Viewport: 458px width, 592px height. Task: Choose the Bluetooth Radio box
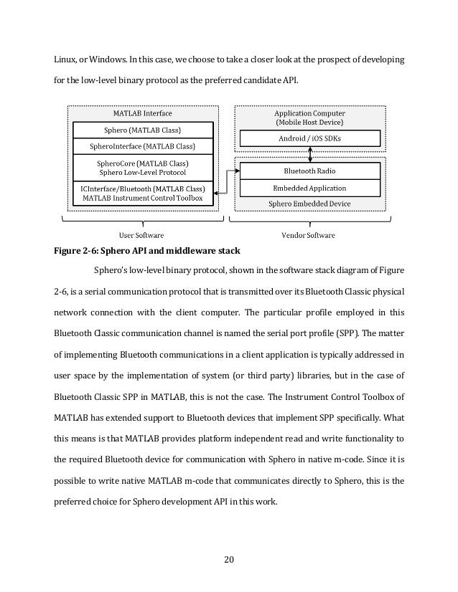(310, 171)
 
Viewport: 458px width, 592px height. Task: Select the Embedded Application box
(310, 188)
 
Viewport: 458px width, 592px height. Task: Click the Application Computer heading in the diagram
(310, 113)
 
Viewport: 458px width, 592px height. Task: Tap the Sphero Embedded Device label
(310, 204)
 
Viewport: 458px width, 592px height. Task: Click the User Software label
(140, 234)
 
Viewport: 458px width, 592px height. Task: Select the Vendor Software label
(310, 234)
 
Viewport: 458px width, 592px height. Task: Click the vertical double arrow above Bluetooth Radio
(310, 154)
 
